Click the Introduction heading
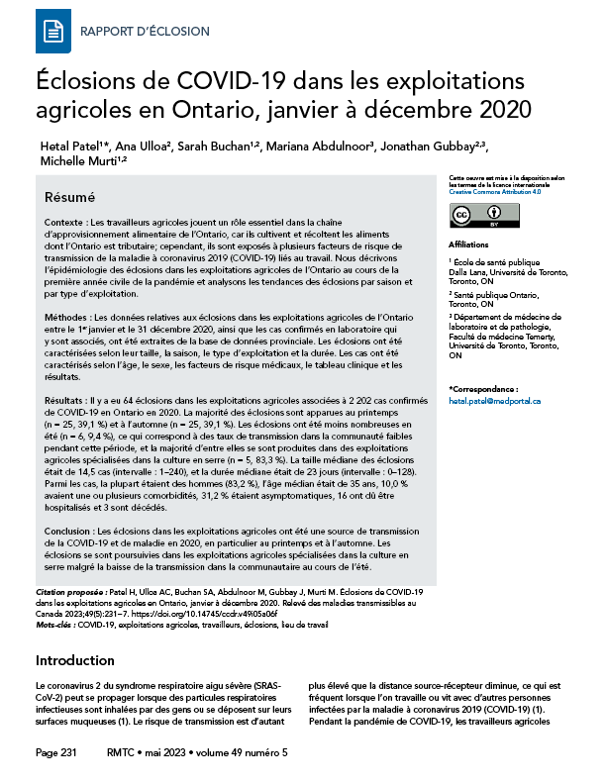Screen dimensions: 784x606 75,660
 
